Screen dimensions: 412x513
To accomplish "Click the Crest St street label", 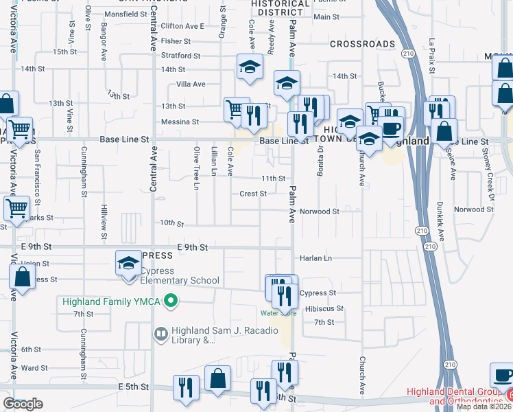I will (253, 194).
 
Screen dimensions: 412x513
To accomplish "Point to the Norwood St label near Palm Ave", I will (319, 211).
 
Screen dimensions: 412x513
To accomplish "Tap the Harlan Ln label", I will (315, 258).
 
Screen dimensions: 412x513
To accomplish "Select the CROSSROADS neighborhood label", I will (362, 44).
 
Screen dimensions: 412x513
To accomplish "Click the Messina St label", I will (180, 122).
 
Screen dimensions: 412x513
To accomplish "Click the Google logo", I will (23, 404).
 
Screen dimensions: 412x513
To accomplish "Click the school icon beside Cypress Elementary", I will (128, 263).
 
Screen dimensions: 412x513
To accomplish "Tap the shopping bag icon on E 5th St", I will (217, 378).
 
